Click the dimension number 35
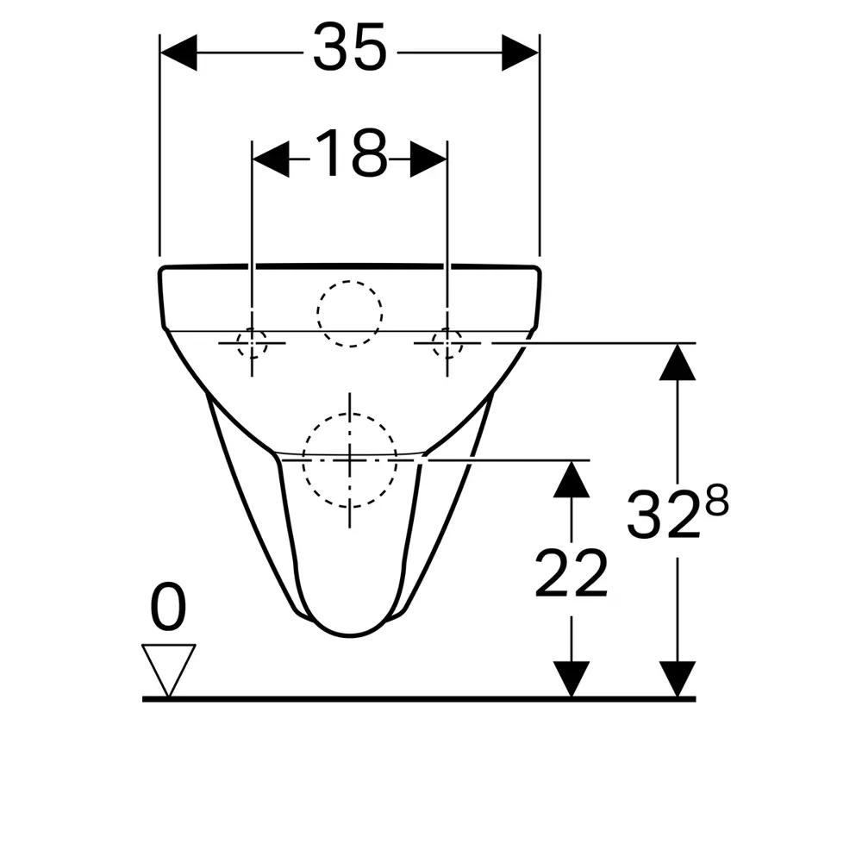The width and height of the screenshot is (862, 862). (350, 47)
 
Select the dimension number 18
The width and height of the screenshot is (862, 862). (351, 153)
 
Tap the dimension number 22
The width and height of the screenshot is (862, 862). (572, 573)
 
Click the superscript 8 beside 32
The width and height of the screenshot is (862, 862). (717, 500)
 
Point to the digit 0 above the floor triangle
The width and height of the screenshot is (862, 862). (168, 608)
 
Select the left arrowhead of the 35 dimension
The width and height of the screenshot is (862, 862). (178, 53)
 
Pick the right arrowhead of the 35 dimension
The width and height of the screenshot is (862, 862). (520, 53)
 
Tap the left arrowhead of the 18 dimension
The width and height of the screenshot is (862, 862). (271, 159)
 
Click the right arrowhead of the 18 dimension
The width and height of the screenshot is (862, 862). (428, 159)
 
